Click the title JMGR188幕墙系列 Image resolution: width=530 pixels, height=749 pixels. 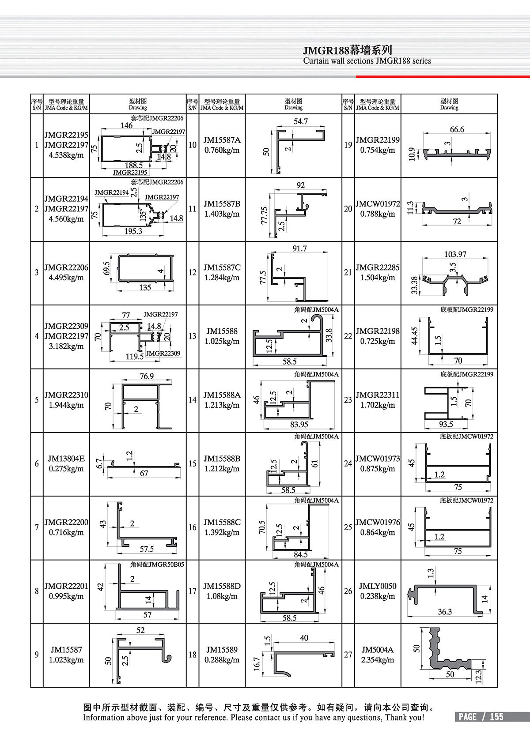347,50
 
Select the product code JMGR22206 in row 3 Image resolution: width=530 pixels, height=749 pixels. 66,267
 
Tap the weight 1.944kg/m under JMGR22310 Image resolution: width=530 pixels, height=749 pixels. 66,405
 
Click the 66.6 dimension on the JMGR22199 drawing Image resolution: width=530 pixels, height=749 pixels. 457,129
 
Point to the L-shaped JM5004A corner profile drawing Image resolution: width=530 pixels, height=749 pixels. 446,653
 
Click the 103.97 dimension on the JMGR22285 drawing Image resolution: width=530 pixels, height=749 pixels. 455,254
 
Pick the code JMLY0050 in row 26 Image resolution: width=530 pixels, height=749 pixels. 378,586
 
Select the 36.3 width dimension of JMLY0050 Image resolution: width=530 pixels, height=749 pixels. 445,612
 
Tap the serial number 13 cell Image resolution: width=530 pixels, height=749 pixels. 193,336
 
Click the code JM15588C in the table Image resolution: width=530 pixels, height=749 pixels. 222,522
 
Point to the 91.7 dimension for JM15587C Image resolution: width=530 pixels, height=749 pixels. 299,248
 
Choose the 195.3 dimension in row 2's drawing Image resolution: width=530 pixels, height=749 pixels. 133,231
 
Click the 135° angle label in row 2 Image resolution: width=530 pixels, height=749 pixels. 143,215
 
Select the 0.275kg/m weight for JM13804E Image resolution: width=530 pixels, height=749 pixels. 66,469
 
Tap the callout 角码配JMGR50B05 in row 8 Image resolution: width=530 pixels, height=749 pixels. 157,565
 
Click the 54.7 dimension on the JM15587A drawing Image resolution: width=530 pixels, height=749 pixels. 301,121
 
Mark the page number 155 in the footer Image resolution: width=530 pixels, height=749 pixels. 496,717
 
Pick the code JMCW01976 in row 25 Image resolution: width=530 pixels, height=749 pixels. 378,522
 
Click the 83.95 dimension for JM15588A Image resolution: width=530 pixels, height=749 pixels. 299,425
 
